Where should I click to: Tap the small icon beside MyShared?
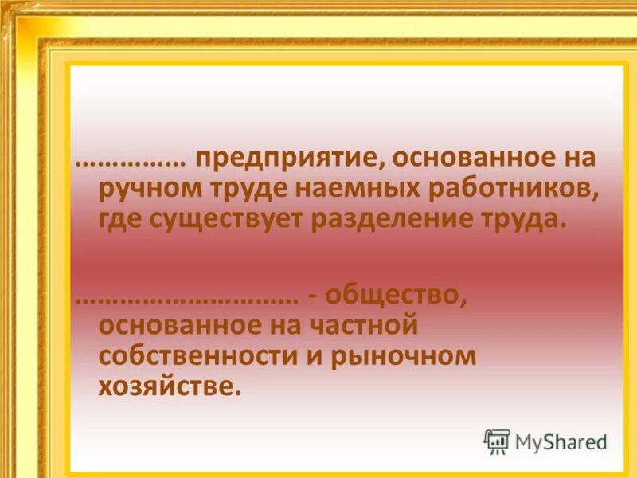497,441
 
